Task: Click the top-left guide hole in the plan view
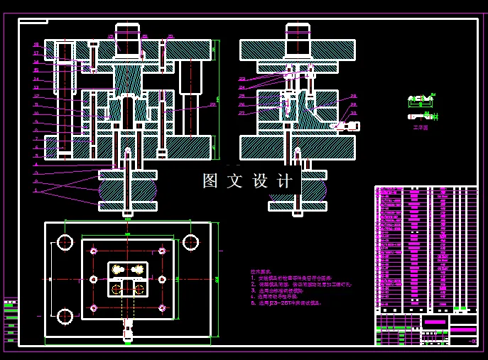[x=65, y=242]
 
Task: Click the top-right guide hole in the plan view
[x=190, y=242]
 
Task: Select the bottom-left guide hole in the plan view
[x=65, y=316]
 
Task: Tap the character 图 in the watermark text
[x=211, y=181]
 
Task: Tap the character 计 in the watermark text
[x=286, y=181]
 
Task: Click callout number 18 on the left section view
[x=36, y=45]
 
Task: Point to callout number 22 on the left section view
[x=212, y=105]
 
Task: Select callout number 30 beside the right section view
[x=354, y=113]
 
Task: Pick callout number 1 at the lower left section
[x=36, y=190]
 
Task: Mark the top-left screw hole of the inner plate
[x=94, y=251]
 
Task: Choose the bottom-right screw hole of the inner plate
[x=162, y=307]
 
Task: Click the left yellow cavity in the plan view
[x=118, y=269]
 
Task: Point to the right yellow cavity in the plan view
[x=136, y=269]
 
